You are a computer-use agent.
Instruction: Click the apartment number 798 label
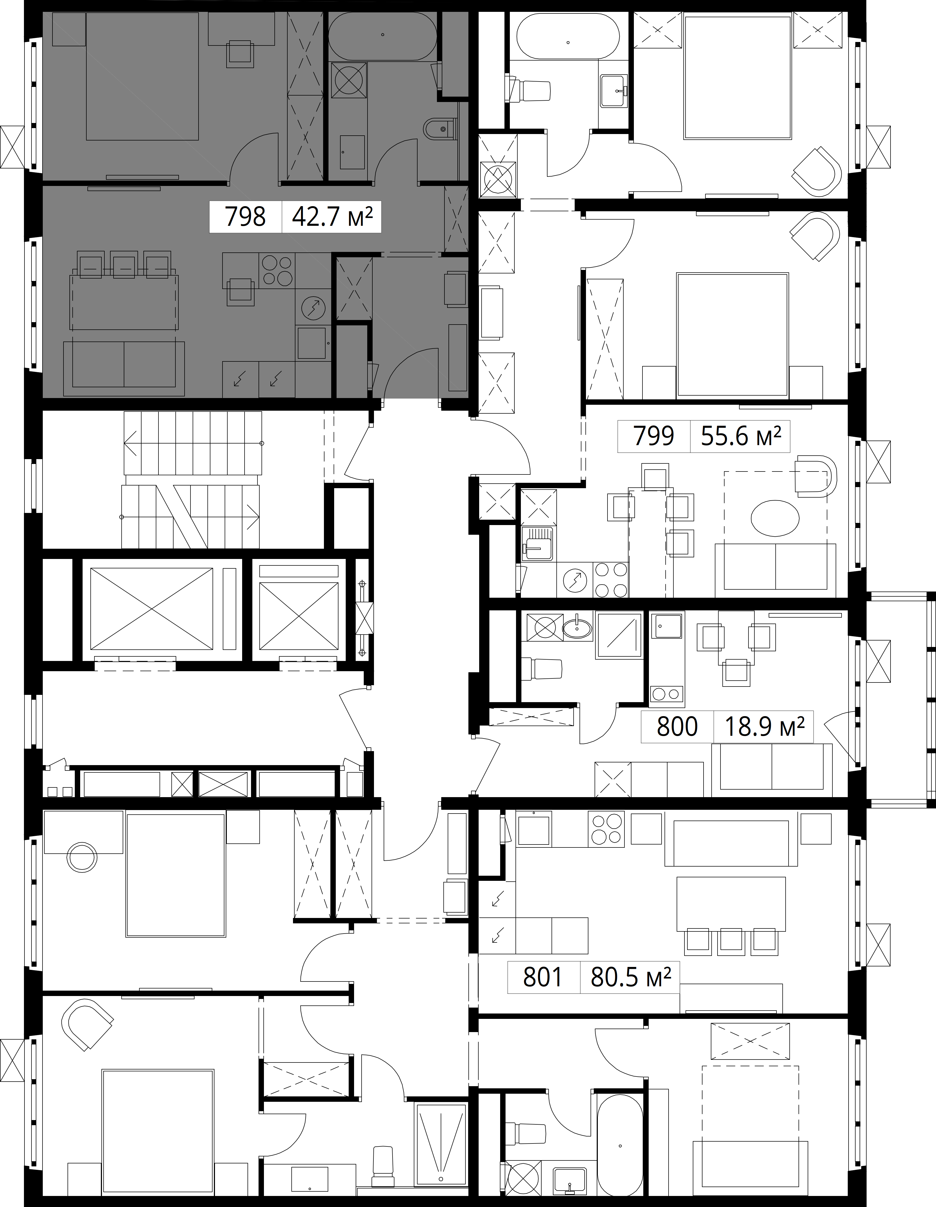tap(245, 217)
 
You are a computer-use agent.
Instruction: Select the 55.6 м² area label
tap(741, 436)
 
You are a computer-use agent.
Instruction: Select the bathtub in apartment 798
tap(382, 35)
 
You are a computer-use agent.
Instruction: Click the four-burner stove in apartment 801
tap(607, 827)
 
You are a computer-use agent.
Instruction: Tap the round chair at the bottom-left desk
tap(82, 857)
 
